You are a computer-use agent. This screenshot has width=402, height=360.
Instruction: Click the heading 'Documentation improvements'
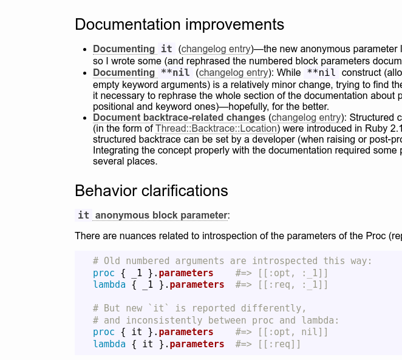click(x=180, y=25)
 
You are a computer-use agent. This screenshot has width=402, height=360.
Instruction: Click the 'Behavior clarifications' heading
click(x=151, y=191)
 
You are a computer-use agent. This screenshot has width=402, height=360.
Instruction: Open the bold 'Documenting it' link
click(x=134, y=49)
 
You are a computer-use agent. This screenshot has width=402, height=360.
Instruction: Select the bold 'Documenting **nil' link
click(x=143, y=72)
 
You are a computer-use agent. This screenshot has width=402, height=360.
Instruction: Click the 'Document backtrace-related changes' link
click(x=179, y=118)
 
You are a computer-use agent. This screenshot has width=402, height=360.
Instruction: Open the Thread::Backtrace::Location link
click(x=216, y=128)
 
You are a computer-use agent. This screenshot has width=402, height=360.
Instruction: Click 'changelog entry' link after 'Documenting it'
click(x=216, y=49)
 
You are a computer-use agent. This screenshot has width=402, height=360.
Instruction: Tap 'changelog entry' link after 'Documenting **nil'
click(x=234, y=73)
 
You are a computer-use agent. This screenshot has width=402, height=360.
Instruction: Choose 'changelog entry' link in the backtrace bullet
click(x=306, y=118)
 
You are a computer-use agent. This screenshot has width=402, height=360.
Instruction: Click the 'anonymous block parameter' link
click(x=161, y=216)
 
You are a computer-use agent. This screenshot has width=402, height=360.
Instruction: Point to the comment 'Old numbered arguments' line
click(x=233, y=261)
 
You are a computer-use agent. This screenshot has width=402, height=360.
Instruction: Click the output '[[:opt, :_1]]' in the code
click(x=293, y=273)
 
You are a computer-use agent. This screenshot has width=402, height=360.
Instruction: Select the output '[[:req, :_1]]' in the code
click(x=293, y=285)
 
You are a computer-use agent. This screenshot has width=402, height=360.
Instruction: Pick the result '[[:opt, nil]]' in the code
click(x=293, y=332)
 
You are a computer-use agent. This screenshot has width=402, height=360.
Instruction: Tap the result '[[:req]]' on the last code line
click(x=279, y=344)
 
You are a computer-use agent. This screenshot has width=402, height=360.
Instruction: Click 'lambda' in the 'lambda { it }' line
click(x=109, y=344)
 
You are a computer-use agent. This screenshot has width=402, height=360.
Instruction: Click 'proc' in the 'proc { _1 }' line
click(x=104, y=273)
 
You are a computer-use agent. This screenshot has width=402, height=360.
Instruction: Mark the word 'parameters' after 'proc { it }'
click(x=186, y=332)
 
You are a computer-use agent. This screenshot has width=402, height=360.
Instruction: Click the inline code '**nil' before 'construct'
click(x=321, y=72)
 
